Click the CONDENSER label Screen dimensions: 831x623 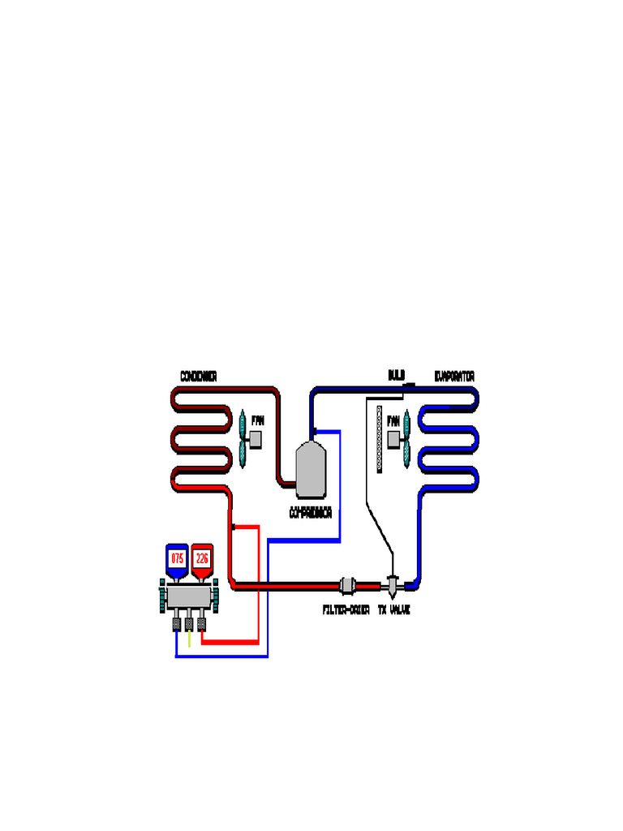click(x=198, y=377)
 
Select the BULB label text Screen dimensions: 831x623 click(x=396, y=375)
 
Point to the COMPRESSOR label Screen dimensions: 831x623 click(x=311, y=514)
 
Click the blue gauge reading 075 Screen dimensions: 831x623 click(x=177, y=559)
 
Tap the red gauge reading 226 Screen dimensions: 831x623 click(x=203, y=559)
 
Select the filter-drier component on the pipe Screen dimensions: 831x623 click(x=346, y=585)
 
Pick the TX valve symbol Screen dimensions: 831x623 click(x=393, y=584)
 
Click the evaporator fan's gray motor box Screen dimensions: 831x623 click(x=395, y=439)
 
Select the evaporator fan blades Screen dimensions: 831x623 click(x=408, y=439)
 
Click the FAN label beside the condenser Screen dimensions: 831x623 click(x=258, y=420)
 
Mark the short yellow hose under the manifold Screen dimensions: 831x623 click(x=189, y=639)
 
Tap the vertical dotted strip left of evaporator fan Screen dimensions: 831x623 click(x=379, y=439)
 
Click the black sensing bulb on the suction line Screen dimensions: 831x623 click(x=410, y=385)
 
